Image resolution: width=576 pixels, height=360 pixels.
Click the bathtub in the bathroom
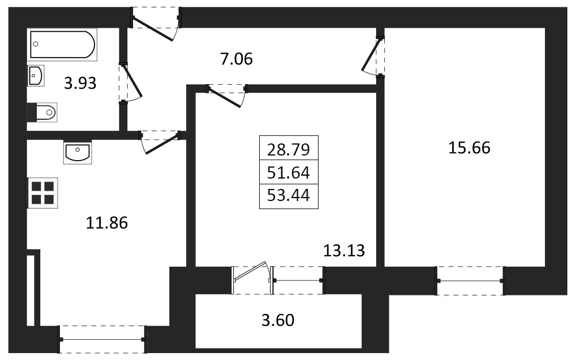(x=62, y=44)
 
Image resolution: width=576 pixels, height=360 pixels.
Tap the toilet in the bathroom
(x=42, y=112)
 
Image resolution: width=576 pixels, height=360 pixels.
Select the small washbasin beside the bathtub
(x=36, y=75)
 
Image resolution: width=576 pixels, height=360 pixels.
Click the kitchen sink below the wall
(x=78, y=152)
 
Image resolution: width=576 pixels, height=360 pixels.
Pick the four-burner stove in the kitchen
(x=42, y=193)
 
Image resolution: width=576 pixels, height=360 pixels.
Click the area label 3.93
(x=80, y=84)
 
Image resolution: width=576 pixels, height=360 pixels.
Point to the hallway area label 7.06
(x=237, y=59)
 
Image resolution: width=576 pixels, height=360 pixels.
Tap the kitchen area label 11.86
(x=107, y=223)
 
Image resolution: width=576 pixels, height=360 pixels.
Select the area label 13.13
(x=344, y=251)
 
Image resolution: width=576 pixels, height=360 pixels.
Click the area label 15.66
(x=469, y=147)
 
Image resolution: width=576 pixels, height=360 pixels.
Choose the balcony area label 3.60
(x=278, y=320)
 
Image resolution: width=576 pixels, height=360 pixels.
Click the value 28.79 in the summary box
(x=289, y=150)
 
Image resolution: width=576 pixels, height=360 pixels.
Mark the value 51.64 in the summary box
(x=289, y=173)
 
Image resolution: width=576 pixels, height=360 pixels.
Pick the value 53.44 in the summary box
(x=289, y=195)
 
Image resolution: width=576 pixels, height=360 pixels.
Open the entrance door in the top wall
(x=154, y=27)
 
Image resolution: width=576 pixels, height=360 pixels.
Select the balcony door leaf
(x=251, y=271)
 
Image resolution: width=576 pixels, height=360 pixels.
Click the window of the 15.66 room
(x=470, y=281)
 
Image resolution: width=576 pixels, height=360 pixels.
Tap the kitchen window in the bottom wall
(x=103, y=339)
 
